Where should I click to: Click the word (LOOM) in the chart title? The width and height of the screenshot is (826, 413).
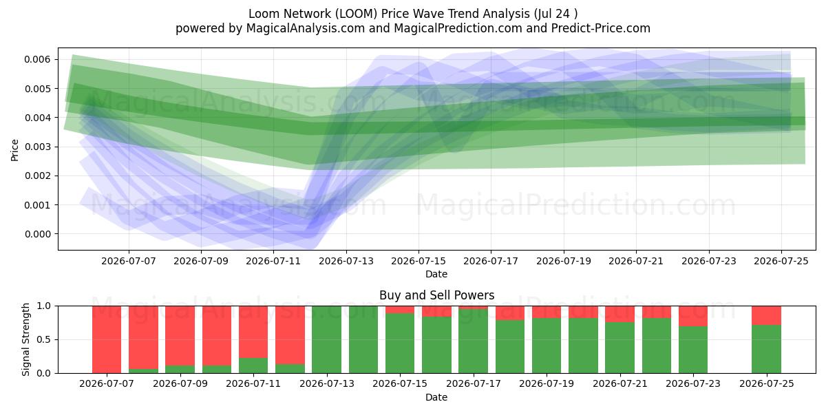point(357,14)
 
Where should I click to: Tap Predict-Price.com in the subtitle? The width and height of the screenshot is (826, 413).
point(601,28)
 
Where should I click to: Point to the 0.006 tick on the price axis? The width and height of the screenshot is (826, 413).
point(37,59)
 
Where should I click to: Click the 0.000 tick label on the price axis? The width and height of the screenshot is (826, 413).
point(37,234)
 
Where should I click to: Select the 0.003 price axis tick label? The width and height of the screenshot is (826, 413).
point(37,147)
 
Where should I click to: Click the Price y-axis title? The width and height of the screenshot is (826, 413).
point(14,150)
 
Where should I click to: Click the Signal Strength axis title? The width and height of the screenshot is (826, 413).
point(25,339)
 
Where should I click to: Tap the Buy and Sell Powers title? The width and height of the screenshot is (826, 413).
point(436,295)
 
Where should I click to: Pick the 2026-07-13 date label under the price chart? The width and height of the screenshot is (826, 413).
point(346,262)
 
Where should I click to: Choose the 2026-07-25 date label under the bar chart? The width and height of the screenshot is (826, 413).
point(767,384)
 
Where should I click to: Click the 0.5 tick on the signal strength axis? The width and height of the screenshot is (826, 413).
point(44,339)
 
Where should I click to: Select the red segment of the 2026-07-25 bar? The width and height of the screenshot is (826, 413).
point(767,316)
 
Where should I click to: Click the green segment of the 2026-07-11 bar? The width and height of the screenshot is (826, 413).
point(253,366)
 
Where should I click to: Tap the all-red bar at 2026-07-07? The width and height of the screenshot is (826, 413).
point(107,339)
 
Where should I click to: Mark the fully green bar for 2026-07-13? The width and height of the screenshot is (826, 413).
point(327,339)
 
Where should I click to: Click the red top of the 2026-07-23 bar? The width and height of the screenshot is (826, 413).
point(693,316)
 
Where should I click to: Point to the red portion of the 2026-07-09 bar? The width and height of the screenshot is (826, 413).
point(180,336)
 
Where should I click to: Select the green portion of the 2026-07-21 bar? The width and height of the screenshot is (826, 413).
point(620,348)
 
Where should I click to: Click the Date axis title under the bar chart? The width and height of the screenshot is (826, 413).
point(436,398)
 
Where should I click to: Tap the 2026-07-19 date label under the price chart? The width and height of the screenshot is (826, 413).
point(564,262)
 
